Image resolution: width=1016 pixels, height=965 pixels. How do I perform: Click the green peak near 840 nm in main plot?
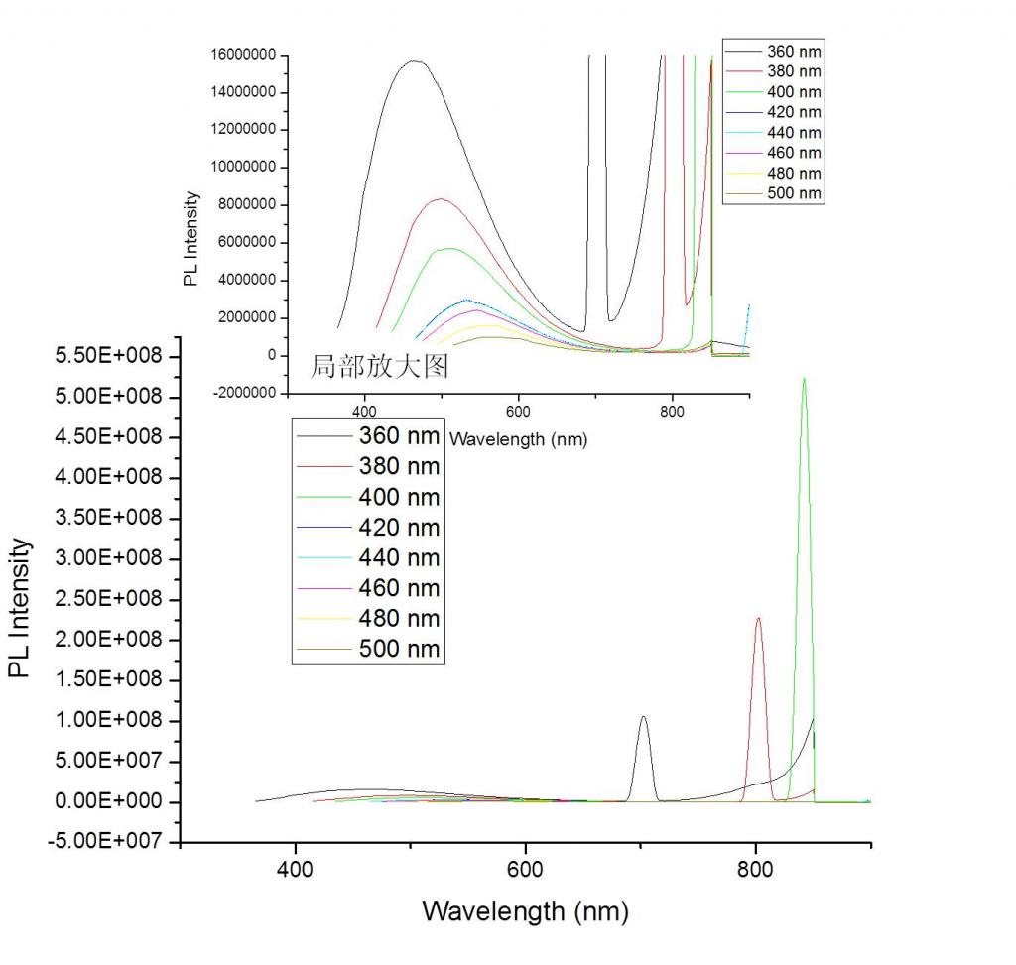point(804,380)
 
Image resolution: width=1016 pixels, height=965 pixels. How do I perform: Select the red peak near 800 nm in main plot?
point(759,620)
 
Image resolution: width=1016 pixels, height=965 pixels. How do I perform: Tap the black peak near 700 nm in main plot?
point(643,718)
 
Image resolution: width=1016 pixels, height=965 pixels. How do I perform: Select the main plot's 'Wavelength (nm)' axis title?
point(525,910)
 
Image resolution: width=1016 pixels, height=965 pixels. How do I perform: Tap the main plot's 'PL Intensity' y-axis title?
point(21,608)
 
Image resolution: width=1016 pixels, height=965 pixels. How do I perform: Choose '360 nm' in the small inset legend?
point(794,52)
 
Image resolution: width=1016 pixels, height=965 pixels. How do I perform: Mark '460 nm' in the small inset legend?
point(794,153)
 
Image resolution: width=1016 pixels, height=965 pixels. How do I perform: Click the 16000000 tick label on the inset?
point(243,56)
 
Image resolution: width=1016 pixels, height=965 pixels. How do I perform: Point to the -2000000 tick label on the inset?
point(244,394)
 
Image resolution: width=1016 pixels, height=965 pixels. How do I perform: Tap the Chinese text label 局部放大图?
point(380,367)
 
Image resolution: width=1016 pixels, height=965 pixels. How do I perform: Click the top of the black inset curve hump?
point(414,61)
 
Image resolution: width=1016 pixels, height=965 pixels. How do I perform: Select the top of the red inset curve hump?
point(440,199)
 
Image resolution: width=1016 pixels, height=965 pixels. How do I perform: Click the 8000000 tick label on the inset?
point(247,205)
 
